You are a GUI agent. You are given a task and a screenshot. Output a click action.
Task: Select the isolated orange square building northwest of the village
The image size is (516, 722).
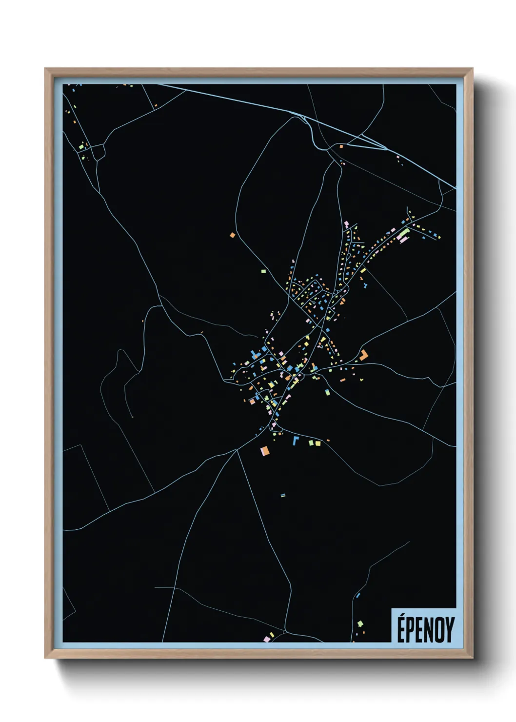tap(233, 235)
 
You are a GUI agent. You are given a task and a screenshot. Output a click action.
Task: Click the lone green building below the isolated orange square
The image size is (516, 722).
tap(263, 271)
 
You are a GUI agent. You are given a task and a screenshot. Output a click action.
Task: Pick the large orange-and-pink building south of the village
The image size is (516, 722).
tap(265, 451)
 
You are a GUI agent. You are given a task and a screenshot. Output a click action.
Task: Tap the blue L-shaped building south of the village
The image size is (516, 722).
tap(296, 441)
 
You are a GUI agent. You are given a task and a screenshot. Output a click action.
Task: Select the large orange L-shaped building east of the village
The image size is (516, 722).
tap(364, 355)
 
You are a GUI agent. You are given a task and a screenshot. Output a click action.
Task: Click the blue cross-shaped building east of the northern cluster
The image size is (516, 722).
tap(365, 284)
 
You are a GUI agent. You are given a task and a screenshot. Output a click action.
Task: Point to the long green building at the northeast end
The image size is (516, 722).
tap(404, 235)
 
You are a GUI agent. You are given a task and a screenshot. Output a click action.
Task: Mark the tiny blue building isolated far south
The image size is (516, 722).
tap(282, 495)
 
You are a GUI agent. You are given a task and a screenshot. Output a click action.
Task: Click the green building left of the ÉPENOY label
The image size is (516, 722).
tap(360, 623)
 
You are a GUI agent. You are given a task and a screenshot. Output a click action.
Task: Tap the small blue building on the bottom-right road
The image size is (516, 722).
tap(357, 595)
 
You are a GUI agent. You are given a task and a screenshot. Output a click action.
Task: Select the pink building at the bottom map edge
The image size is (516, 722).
tap(267, 639)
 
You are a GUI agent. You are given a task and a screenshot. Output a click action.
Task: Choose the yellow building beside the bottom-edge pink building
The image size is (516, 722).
tap(272, 635)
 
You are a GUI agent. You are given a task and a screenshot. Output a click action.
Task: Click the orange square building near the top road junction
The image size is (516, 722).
tap(341, 146)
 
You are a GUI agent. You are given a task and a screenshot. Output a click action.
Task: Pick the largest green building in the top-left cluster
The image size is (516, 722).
tap(81, 146)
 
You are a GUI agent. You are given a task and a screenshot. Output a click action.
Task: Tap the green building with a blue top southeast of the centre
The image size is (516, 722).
tap(327, 391)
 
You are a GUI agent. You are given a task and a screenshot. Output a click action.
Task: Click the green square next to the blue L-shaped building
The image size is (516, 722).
tap(311, 443)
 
